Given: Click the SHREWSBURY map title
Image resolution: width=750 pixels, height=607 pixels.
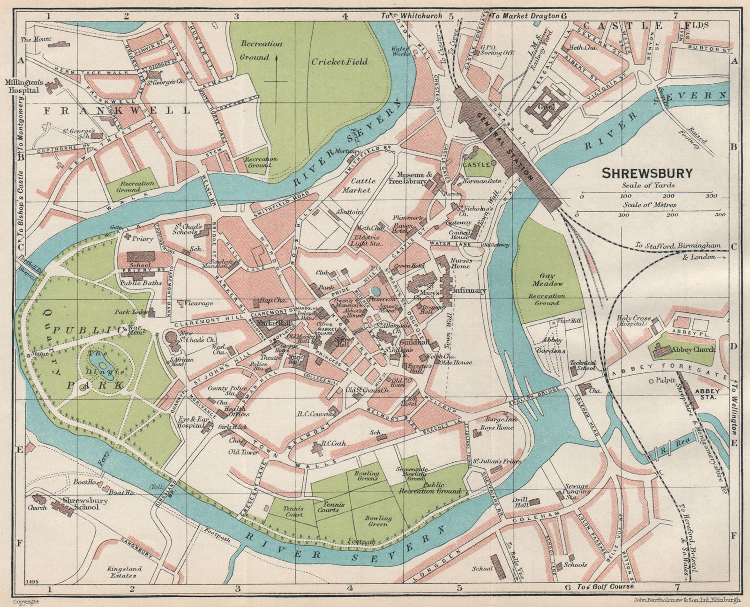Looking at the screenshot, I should click(x=647, y=173).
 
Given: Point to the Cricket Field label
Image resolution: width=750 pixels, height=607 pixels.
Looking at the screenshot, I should click(x=339, y=61).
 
